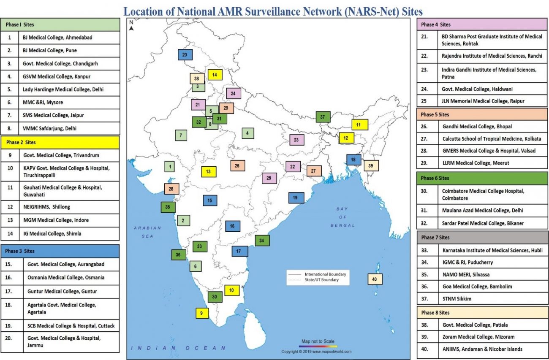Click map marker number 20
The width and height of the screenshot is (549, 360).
pyautogui.click(x=185, y=55)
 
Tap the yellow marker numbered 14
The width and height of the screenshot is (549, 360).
pyautogui.click(x=215, y=75)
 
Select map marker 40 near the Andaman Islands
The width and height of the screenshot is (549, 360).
pyautogui.click(x=375, y=279)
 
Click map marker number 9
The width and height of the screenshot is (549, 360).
pyautogui.click(x=202, y=313)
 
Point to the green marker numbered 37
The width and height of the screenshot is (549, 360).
pyautogui.click(x=323, y=117)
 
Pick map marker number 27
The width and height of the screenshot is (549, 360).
pyautogui.click(x=313, y=171)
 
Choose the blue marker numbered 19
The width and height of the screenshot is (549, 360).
pyautogui.click(x=296, y=198)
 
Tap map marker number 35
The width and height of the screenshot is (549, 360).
pyautogui.click(x=168, y=207)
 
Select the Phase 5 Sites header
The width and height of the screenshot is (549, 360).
pyautogui.click(x=482, y=114)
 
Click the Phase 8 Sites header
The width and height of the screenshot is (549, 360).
pyautogui.click(x=482, y=313)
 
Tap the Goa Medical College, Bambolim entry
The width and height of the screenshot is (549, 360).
pyautogui.click(x=482, y=287)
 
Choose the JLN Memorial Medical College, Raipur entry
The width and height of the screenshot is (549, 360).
pyautogui.click(x=482, y=101)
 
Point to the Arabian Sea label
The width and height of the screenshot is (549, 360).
pyautogui.click(x=147, y=232)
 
